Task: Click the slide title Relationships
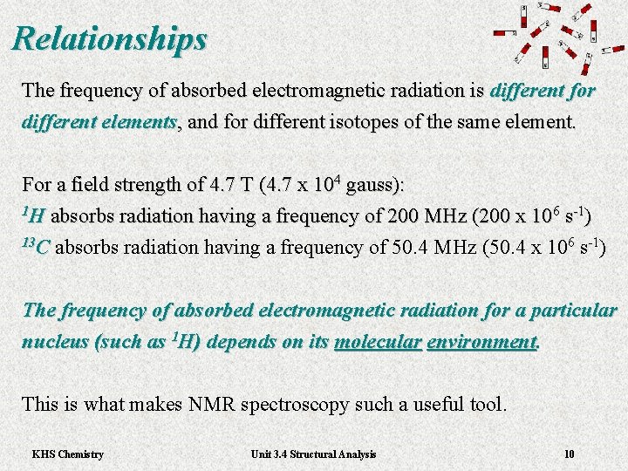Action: coord(110,39)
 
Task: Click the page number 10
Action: coord(570,454)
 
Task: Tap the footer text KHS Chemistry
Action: coord(67,454)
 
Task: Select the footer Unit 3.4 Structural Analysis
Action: coord(313,454)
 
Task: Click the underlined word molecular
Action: coord(377,342)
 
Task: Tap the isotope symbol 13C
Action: coord(36,247)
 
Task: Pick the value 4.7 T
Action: coord(235,186)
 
